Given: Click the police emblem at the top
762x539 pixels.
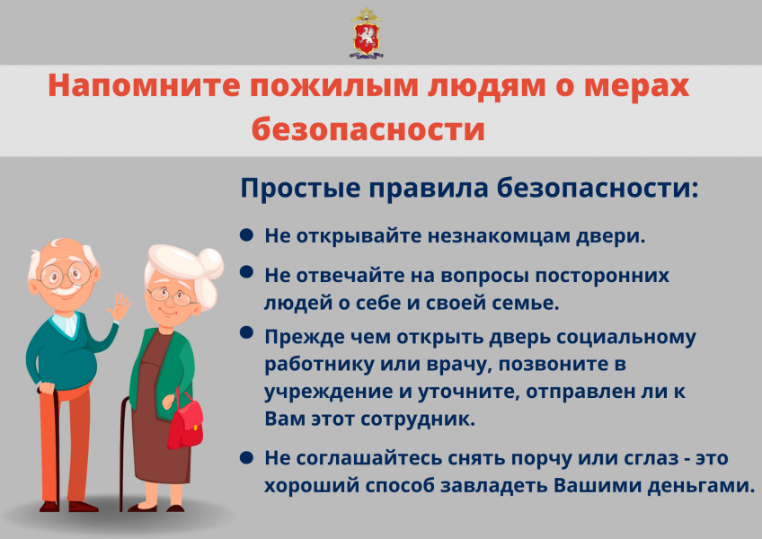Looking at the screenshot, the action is click(367, 33).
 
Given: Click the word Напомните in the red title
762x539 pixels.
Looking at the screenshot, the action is click(145, 86).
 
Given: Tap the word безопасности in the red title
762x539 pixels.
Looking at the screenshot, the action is click(368, 129).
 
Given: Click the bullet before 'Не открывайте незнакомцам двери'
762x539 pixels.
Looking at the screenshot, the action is click(247, 235).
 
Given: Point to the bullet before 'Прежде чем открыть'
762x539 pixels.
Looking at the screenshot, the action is click(247, 333).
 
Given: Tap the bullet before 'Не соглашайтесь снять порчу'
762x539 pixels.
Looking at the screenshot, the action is click(247, 457).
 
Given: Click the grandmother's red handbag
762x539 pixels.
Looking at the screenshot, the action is click(185, 422).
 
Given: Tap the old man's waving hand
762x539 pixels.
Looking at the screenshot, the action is click(118, 306).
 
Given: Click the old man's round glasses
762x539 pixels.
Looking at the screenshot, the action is click(66, 275).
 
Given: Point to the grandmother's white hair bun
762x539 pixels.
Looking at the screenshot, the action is click(210, 264).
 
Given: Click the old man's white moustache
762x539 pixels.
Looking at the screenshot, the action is click(63, 290).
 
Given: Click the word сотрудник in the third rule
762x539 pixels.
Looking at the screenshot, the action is click(418, 420).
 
